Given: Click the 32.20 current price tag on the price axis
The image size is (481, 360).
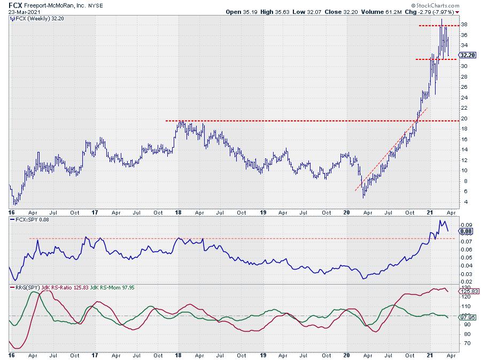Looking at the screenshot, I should click(468, 55).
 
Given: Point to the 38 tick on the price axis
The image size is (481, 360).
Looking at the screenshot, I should click(464, 25).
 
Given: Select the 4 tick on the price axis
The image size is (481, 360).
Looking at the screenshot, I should click(463, 202).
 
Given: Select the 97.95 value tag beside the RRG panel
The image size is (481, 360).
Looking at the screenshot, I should click(468, 317).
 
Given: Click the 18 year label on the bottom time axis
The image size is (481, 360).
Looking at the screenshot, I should click(180, 354).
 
